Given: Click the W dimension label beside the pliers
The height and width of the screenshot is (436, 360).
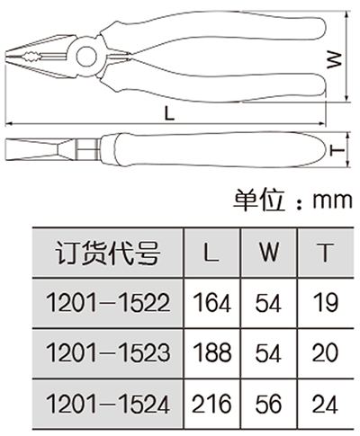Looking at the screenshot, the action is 334,59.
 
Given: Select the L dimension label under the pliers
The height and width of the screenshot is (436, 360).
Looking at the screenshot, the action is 170,113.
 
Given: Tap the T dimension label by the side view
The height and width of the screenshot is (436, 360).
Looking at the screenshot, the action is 337,150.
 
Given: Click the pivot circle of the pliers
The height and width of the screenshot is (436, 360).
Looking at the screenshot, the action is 86,57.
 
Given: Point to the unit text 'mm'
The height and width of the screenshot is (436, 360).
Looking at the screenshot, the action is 332,200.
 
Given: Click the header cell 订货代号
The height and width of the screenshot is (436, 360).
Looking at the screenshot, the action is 108,253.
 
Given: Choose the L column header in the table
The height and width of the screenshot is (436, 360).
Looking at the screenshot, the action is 211,253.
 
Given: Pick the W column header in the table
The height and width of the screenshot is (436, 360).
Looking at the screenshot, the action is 269,253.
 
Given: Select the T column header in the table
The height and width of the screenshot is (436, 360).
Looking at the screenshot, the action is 325,253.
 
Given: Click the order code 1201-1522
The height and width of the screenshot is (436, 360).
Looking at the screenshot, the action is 108,303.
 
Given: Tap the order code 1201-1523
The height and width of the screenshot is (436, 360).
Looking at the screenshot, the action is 108,352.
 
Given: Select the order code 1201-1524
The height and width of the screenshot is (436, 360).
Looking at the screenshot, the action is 108,404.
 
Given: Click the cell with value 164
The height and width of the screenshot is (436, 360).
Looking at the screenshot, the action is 211,303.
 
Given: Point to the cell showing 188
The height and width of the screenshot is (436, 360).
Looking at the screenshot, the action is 211,352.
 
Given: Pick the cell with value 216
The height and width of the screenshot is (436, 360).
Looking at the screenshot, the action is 211,404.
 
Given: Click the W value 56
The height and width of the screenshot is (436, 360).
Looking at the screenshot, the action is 268,404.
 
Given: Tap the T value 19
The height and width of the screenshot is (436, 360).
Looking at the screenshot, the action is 326,303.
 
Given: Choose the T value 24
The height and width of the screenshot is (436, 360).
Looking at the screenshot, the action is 325,404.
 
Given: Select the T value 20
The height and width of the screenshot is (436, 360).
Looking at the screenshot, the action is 325,352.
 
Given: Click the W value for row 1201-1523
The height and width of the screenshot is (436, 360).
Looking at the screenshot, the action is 268,352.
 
